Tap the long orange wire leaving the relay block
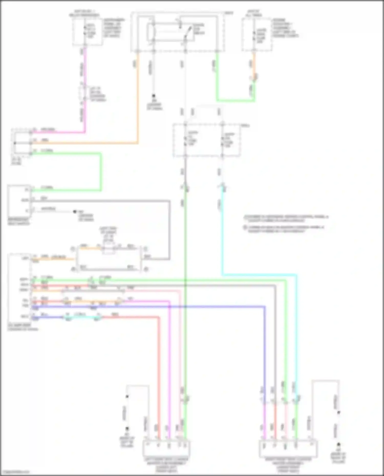138,102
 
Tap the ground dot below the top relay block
154,96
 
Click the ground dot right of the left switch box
75,212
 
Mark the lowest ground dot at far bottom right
338,445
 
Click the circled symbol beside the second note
245,227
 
